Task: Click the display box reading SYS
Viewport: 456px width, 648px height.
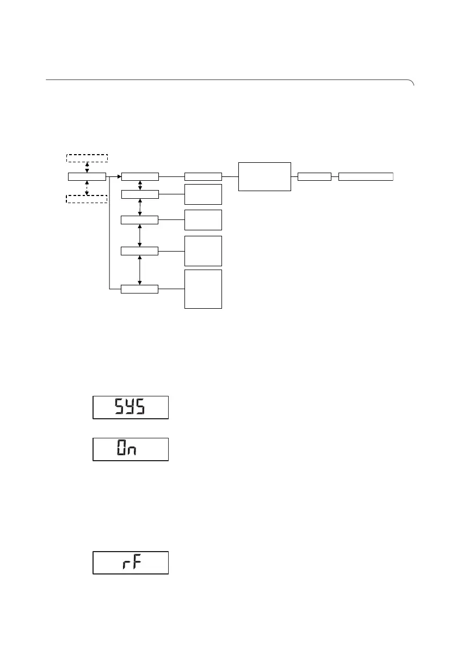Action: point(131,407)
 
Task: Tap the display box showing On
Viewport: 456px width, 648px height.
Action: point(131,449)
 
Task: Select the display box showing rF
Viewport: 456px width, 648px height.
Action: point(131,563)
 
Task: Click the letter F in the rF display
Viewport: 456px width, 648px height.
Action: point(137,563)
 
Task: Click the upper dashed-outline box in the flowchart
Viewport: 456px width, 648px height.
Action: point(87,158)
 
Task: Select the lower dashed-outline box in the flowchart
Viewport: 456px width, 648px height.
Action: point(87,198)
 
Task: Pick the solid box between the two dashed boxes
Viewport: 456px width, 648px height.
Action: point(87,176)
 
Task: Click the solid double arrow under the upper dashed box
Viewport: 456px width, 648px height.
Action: point(87,167)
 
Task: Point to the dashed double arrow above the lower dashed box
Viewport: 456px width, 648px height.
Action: point(87,187)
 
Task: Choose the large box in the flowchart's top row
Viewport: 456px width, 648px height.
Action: point(264,176)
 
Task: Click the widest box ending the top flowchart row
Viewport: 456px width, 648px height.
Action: point(366,176)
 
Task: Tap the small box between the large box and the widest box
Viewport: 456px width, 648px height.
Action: point(315,176)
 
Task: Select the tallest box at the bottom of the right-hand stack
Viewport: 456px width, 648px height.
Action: point(204,289)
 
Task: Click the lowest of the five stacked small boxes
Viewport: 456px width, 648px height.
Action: point(140,289)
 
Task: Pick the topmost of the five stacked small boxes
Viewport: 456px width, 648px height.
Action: point(140,176)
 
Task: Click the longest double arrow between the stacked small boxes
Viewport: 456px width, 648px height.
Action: point(140,270)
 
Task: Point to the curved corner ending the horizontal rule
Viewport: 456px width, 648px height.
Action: point(412,82)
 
